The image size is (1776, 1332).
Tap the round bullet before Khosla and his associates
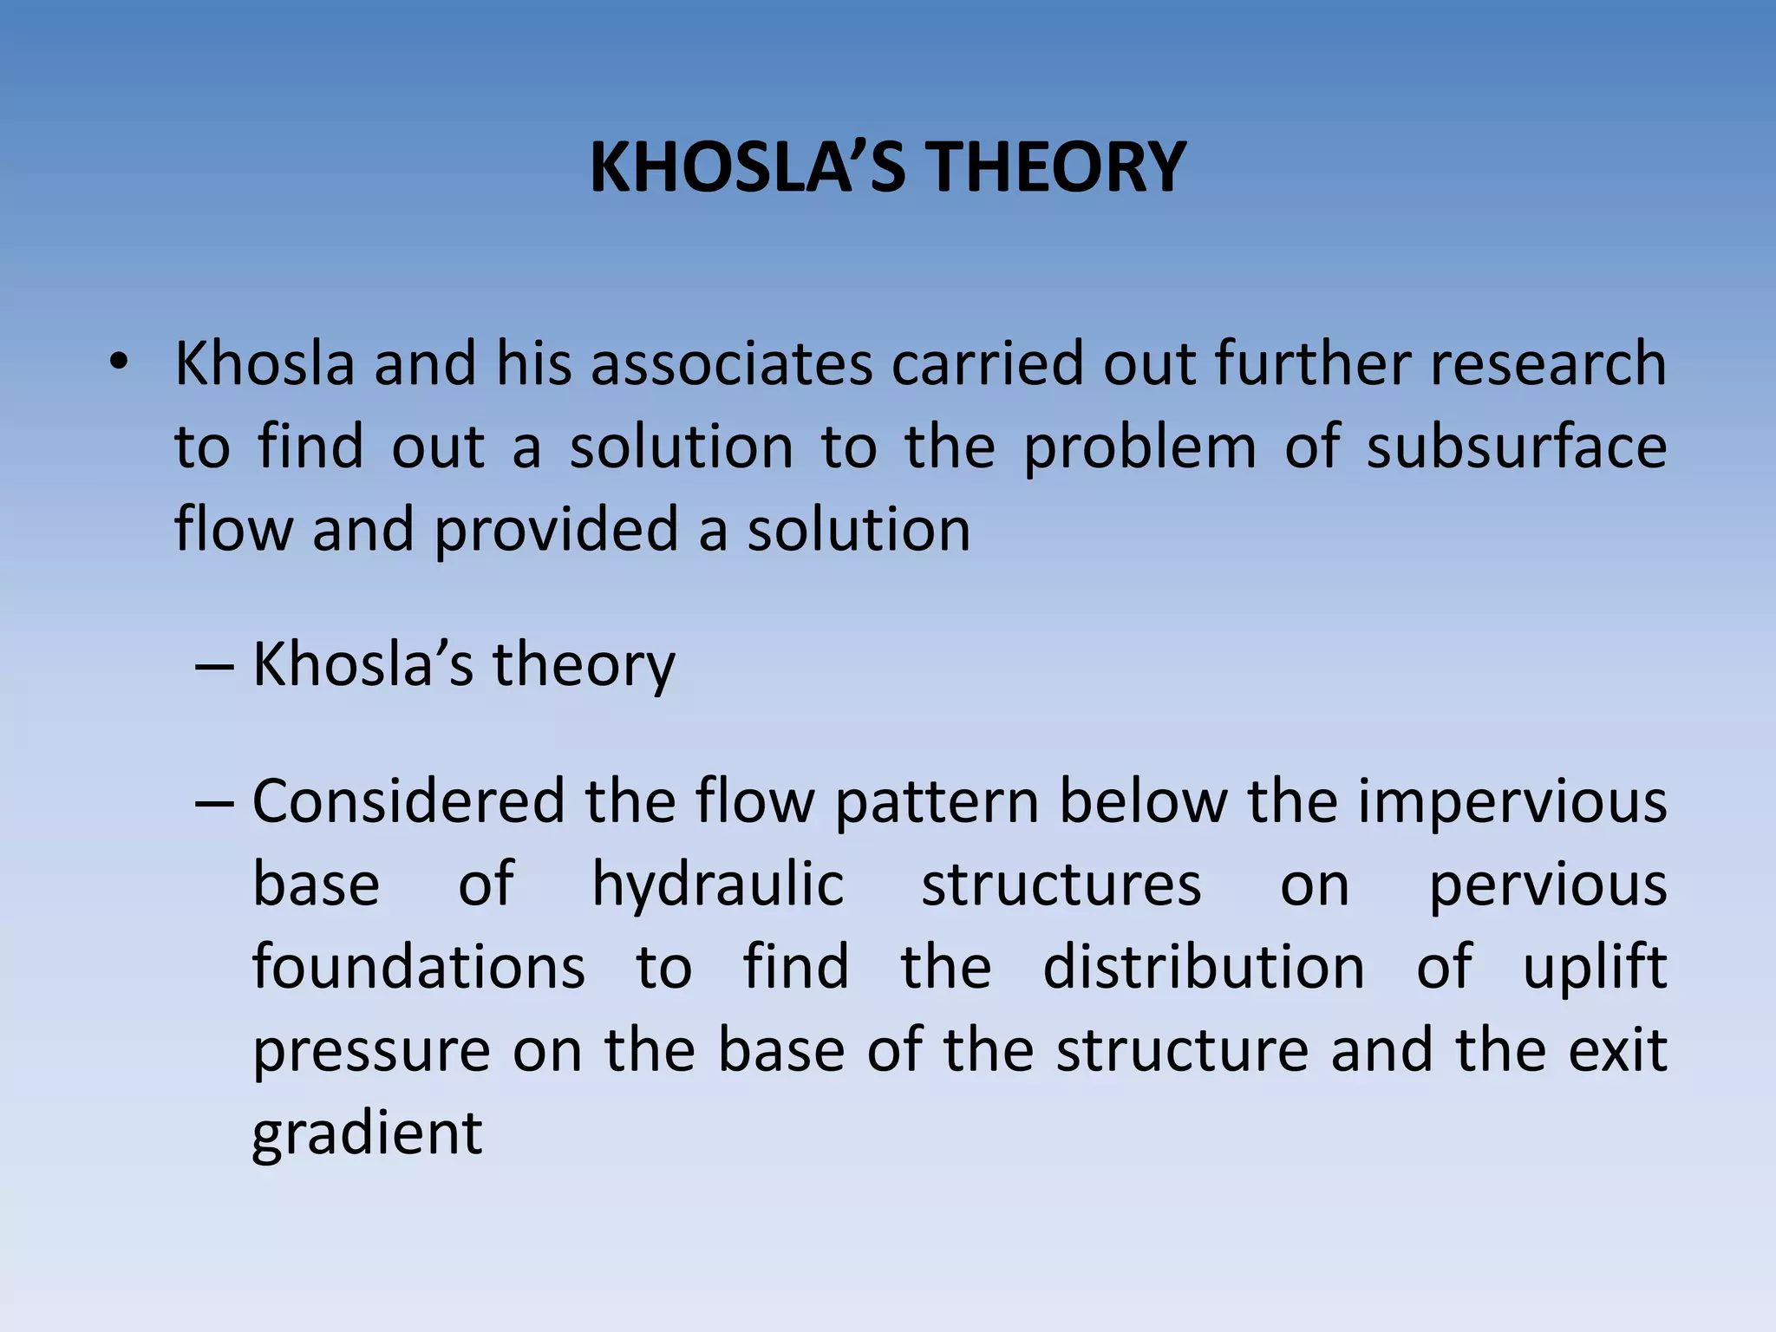[x=119, y=362]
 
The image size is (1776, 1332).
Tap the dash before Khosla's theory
[x=214, y=666]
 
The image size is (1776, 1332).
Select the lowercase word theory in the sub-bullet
[x=584, y=666]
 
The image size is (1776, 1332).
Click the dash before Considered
[x=214, y=802]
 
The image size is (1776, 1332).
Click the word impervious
[x=1512, y=802]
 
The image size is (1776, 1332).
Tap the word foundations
[x=419, y=967]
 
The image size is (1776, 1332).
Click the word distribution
[x=1203, y=967]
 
